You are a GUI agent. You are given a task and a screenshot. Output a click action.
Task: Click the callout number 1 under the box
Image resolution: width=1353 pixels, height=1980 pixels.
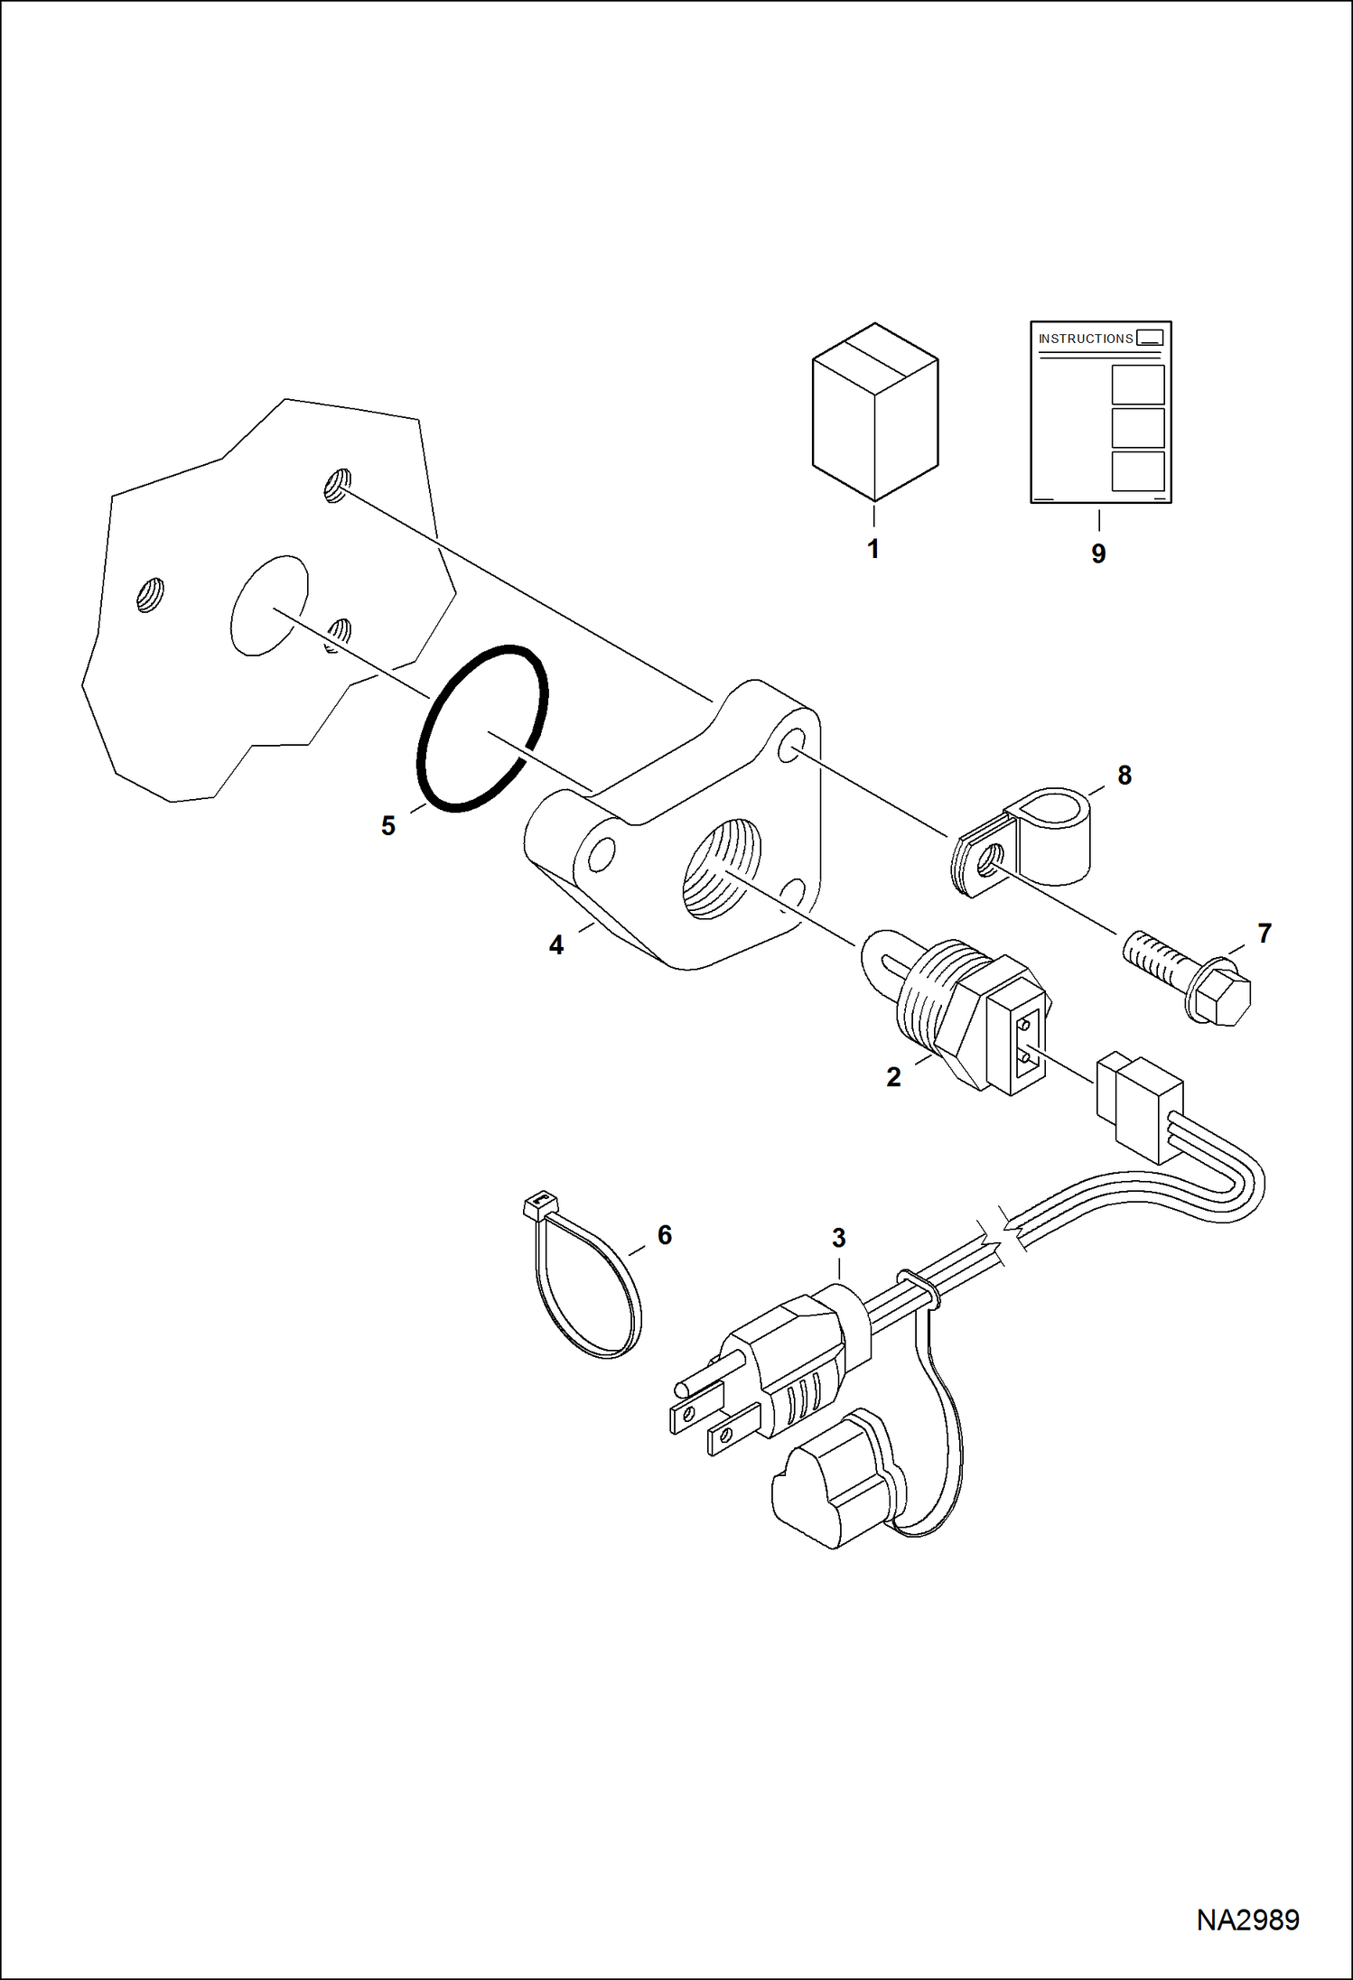click(x=872, y=549)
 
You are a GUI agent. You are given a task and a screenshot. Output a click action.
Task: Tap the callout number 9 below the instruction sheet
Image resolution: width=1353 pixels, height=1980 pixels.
click(x=1098, y=553)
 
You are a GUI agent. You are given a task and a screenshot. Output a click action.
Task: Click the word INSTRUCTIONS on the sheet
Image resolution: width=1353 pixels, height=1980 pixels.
click(x=1085, y=339)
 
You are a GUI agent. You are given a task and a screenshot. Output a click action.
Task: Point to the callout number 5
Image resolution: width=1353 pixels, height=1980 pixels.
click(x=387, y=826)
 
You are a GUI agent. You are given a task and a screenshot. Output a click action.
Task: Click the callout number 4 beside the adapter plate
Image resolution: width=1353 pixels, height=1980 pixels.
click(x=556, y=945)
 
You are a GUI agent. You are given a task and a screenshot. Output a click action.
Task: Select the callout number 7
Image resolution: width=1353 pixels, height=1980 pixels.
click(x=1264, y=933)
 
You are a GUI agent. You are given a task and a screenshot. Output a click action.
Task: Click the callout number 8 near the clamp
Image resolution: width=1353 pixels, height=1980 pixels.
click(x=1124, y=775)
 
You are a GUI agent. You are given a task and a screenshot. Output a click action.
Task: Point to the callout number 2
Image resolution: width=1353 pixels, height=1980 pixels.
click(x=893, y=1077)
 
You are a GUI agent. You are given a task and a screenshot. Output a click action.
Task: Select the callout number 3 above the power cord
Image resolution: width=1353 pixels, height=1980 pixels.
click(x=838, y=1238)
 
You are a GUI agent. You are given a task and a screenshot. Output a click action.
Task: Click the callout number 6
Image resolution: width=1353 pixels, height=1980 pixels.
click(x=665, y=1235)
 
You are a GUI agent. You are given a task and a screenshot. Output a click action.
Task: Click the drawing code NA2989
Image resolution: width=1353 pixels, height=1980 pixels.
click(x=1247, y=1920)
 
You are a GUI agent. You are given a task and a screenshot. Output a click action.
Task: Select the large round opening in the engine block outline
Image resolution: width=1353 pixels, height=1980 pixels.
click(x=269, y=605)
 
